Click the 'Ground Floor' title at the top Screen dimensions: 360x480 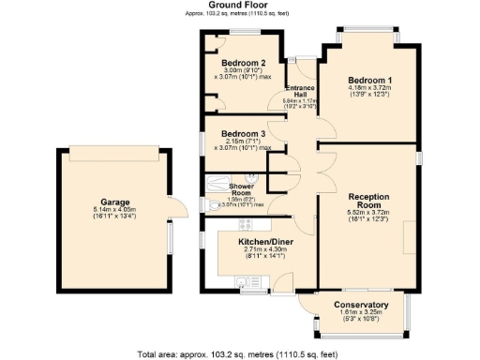tap(239, 6)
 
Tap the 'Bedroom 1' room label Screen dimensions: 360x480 tap(369, 80)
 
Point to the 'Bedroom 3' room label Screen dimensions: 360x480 tap(239, 132)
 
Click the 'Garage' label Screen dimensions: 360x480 tap(114, 201)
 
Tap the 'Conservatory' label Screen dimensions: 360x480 tap(361, 305)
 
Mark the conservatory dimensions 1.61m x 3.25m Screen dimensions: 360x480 tap(361, 314)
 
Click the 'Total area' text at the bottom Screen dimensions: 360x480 tap(239, 353)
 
